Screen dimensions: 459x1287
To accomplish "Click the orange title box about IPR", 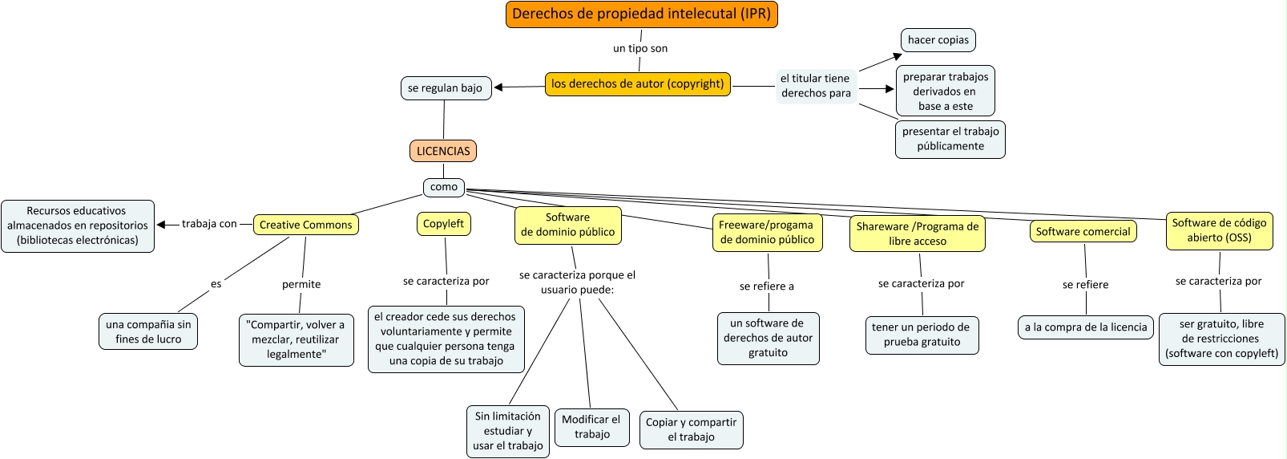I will (x=641, y=14).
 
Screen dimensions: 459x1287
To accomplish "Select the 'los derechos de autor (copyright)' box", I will (x=637, y=83).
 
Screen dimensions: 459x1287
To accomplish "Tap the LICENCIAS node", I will (x=443, y=151).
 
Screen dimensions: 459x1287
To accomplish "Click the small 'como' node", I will (x=443, y=187).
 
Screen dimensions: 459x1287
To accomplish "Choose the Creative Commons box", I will (x=305, y=225).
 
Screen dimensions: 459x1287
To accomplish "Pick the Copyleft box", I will (x=443, y=224).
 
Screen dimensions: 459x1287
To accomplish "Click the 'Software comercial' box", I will (x=1083, y=231).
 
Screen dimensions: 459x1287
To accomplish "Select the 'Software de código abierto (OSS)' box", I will (x=1219, y=230).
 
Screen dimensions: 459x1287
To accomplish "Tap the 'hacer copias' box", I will (x=938, y=40).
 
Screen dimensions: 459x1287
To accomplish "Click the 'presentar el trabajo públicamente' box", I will (x=950, y=139).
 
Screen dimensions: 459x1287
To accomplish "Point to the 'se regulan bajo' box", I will (x=445, y=88).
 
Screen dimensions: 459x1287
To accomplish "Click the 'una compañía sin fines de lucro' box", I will (x=148, y=331).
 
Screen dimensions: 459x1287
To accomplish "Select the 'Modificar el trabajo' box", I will (x=591, y=426).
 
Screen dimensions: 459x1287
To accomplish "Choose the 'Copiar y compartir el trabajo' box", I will (x=691, y=429).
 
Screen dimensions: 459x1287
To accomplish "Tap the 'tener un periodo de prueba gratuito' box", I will (x=922, y=335).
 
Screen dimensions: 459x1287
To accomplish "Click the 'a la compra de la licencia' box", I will (x=1086, y=327).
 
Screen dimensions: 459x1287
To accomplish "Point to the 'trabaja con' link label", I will (x=209, y=224).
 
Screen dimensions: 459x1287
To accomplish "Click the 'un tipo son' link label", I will (x=640, y=48).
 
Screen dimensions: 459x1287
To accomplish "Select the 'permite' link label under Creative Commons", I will (x=301, y=284).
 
